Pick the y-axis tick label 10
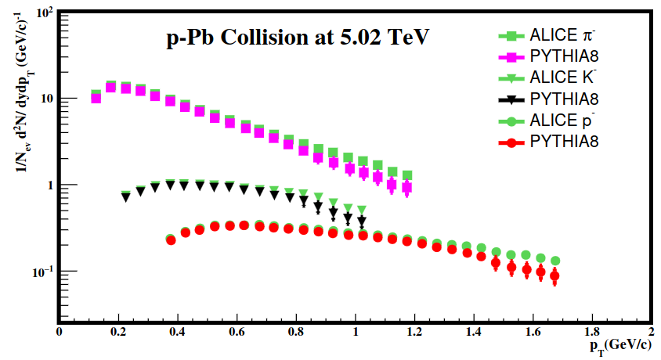coord(44,99)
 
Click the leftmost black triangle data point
coord(126,198)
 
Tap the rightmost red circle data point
coord(554,276)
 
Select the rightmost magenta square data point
coord(406,188)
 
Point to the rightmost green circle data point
coord(555,261)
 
